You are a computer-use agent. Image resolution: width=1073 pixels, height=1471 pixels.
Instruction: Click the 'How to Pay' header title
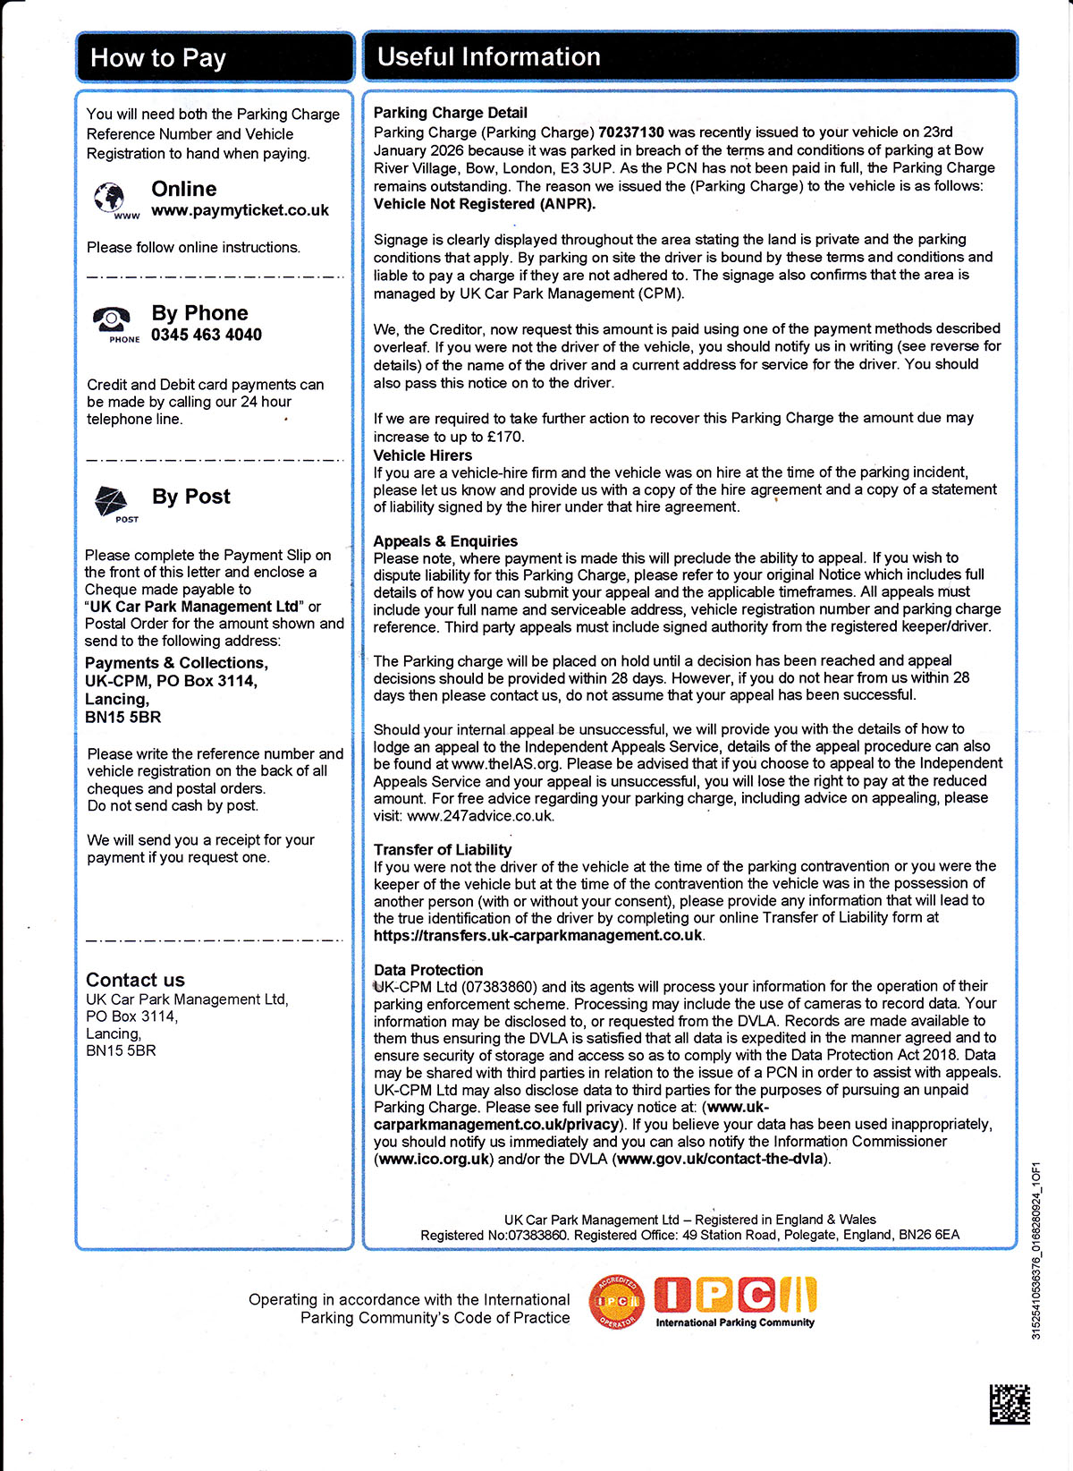point(158,59)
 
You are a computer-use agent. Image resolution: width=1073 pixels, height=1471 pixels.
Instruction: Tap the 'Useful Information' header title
point(488,57)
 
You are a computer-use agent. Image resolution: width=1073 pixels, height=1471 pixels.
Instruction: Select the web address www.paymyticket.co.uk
point(240,211)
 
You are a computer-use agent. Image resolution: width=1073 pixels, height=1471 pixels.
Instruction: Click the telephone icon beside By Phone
point(112,319)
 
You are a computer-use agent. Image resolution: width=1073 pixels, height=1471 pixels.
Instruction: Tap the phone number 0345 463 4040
point(207,336)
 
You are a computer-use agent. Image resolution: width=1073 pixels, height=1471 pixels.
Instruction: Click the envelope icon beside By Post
point(112,501)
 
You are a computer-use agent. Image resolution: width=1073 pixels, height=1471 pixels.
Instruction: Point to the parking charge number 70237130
point(631,132)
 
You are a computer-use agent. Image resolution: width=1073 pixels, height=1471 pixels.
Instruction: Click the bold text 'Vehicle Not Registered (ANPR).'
point(484,204)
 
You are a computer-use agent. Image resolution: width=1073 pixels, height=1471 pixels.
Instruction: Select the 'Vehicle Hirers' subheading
point(422,455)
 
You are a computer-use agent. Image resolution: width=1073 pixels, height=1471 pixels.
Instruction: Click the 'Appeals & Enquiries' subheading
point(445,541)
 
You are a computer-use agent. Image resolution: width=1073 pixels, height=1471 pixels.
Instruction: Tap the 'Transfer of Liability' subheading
point(443,850)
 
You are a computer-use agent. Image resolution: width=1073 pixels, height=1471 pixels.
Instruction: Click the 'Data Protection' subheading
point(428,970)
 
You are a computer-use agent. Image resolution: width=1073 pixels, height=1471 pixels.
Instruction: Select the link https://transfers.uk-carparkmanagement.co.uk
point(538,935)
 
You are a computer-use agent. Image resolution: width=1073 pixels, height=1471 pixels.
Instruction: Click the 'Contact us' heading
point(135,980)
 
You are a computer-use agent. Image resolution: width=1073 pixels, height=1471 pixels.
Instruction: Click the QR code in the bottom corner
point(1010,1405)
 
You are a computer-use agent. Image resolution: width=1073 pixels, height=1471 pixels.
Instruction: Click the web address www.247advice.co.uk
point(480,816)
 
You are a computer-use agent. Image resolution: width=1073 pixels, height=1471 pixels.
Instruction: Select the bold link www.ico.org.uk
point(434,1160)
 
